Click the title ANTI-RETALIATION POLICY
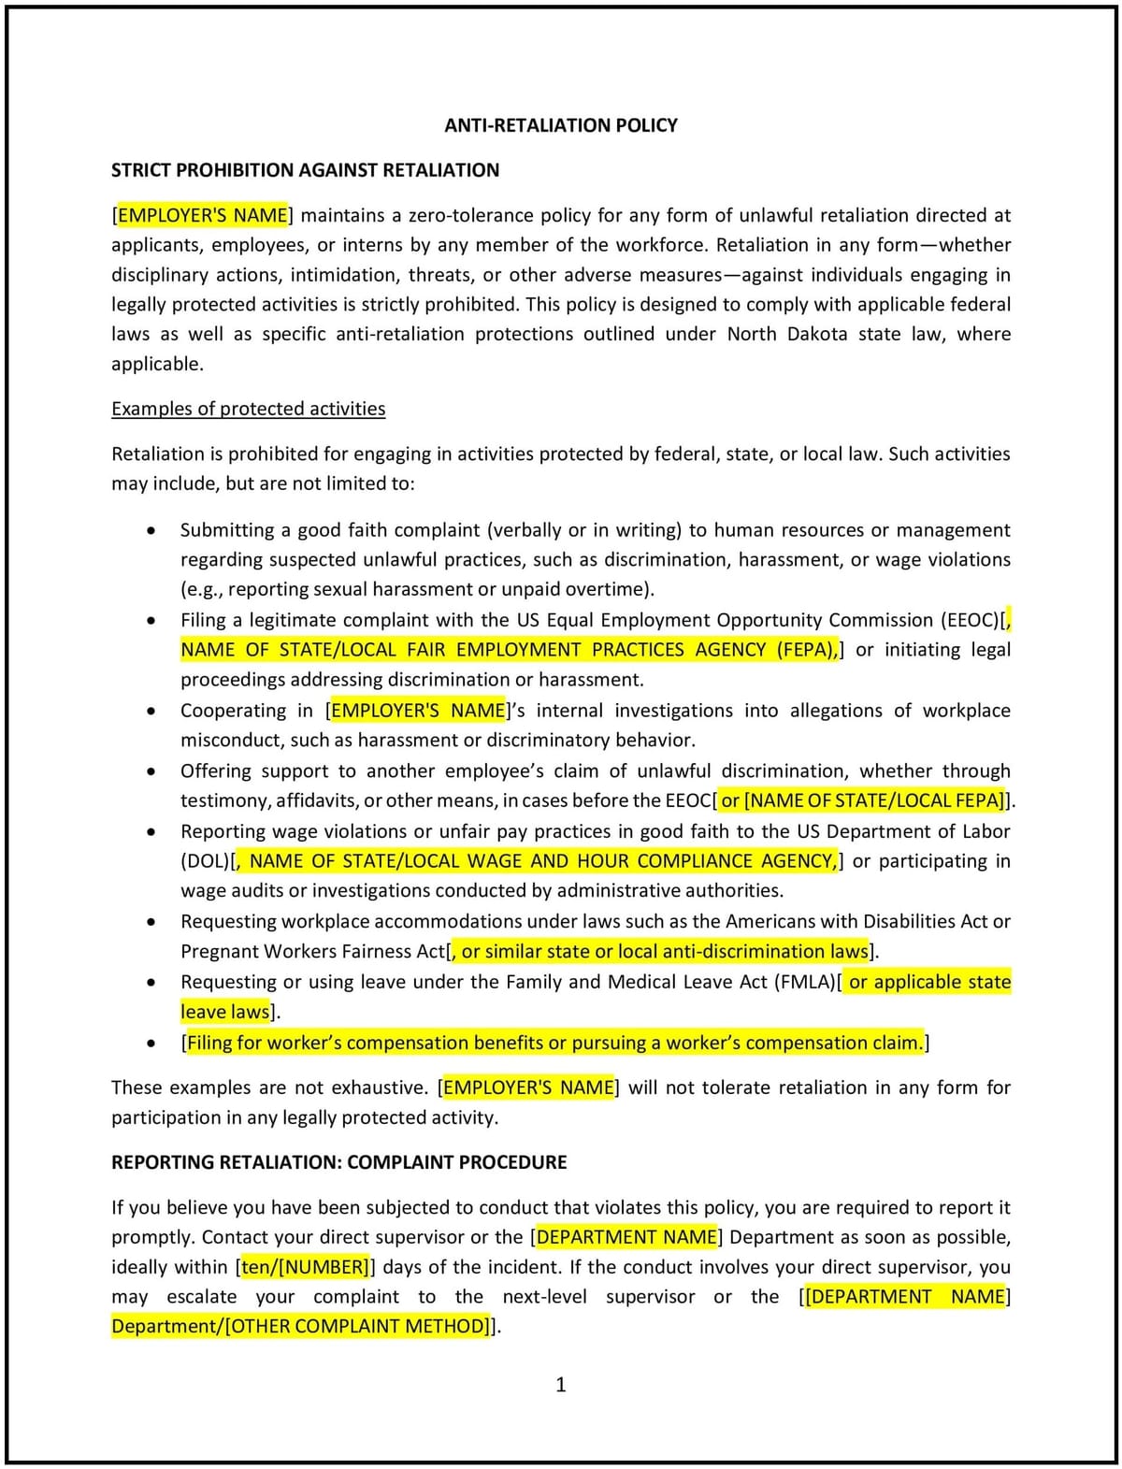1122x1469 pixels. point(560,125)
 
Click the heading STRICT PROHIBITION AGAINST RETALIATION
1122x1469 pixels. point(305,170)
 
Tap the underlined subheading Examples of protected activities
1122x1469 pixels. point(248,409)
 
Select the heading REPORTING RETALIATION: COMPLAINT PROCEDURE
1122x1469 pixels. point(338,1162)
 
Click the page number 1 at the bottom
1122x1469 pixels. point(561,1385)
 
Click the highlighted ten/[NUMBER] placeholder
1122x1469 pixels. point(306,1267)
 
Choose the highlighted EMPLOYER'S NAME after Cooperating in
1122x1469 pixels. point(418,710)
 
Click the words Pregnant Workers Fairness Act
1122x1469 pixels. point(313,952)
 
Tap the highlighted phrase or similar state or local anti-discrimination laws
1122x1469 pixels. point(664,952)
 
